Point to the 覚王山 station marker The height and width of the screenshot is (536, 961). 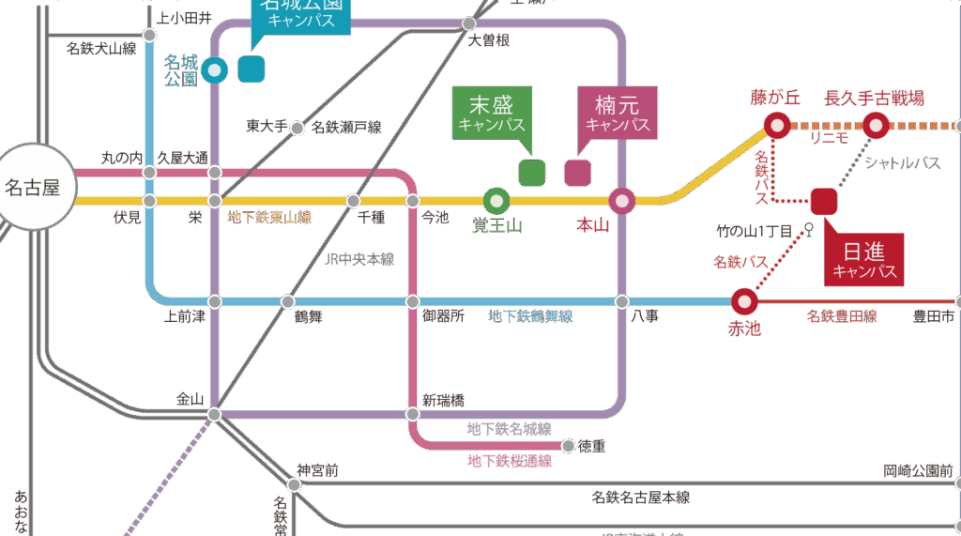pyautogui.click(x=496, y=200)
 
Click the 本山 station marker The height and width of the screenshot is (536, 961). pyautogui.click(x=621, y=200)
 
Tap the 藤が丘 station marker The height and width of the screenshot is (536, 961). pyautogui.click(x=777, y=124)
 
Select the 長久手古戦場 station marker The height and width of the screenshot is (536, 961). pyautogui.click(x=876, y=124)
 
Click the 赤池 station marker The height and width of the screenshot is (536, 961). pyautogui.click(x=743, y=301)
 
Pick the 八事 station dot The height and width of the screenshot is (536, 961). pyautogui.click(x=621, y=301)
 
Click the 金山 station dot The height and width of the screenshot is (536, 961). pyautogui.click(x=214, y=414)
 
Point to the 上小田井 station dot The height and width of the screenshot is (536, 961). pyautogui.click(x=149, y=35)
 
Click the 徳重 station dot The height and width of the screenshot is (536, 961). pyautogui.click(x=568, y=445)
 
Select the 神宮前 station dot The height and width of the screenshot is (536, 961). pyautogui.click(x=295, y=485)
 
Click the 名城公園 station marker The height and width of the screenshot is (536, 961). pyautogui.click(x=215, y=69)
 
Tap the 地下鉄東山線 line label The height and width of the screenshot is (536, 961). pyautogui.click(x=270, y=218)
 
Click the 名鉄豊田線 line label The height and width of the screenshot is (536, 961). pyautogui.click(x=842, y=317)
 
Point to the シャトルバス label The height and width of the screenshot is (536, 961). pyautogui.click(x=903, y=163)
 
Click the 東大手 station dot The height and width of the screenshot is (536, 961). pyautogui.click(x=297, y=128)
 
